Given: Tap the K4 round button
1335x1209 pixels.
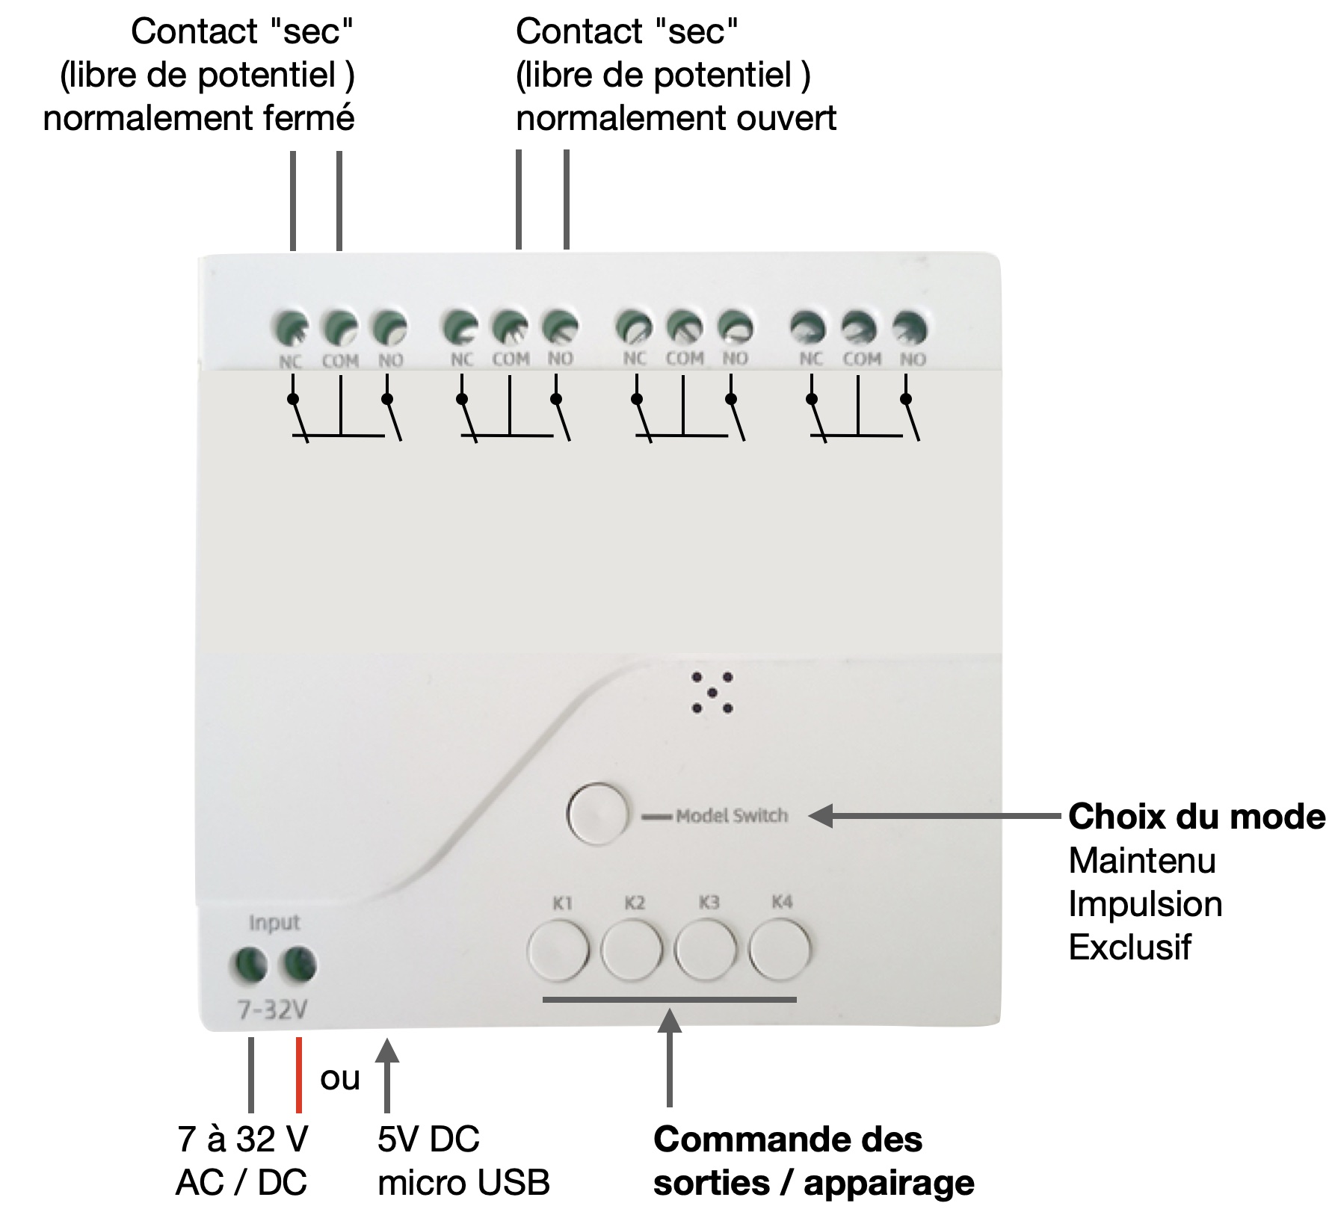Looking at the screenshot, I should click(780, 950).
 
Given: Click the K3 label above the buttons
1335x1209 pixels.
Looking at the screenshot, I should click(709, 903).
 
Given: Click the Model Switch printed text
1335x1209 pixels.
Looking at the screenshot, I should click(731, 815).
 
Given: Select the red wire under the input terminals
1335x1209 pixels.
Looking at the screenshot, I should click(299, 1075).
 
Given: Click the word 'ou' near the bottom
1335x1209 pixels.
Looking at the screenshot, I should click(340, 1078).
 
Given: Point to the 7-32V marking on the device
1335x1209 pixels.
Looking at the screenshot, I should click(272, 1010).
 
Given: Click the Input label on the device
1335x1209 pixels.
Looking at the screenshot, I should click(274, 923).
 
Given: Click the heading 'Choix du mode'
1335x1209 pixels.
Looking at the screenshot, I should click(1196, 817).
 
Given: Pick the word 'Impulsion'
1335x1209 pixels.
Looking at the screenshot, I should click(1145, 904).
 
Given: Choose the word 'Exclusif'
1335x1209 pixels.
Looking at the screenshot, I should click(1129, 947).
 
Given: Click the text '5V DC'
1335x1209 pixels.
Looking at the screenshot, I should click(428, 1140).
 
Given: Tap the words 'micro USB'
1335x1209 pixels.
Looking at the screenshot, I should click(463, 1183).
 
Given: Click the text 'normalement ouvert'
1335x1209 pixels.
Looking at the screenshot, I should click(676, 118).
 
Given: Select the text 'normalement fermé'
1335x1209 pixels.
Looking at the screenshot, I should click(199, 118).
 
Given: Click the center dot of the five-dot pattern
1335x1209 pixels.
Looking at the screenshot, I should click(712, 693).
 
